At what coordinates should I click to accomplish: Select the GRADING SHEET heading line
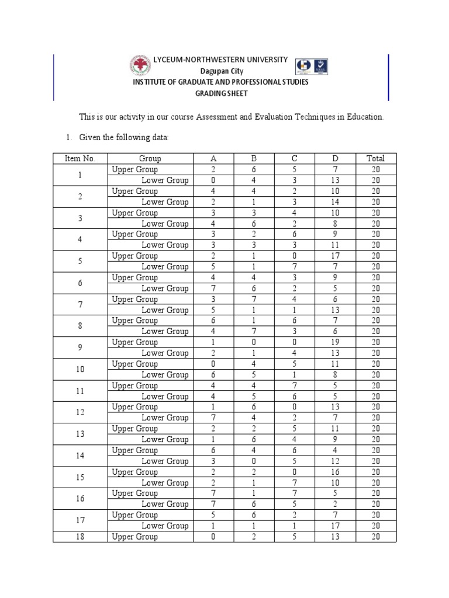[x=220, y=93]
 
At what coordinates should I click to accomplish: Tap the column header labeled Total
[x=375, y=158]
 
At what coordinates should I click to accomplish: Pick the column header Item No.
[x=80, y=158]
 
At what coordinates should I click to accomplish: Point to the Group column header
[x=150, y=158]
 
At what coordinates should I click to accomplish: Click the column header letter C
[x=295, y=158]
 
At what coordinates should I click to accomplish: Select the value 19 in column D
[x=335, y=342]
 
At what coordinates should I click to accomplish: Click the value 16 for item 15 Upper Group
[x=335, y=472]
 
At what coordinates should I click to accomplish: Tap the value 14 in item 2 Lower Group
[x=335, y=202]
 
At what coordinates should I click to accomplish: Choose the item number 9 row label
[x=80, y=347]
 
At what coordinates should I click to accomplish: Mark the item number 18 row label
[x=80, y=537]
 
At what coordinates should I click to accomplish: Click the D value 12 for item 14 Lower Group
[x=335, y=461]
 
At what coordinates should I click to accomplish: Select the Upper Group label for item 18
[x=135, y=537]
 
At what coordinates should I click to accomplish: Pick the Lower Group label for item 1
[x=165, y=180]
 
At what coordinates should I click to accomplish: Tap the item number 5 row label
[x=80, y=261]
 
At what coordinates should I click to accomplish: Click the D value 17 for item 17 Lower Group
[x=335, y=526]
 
